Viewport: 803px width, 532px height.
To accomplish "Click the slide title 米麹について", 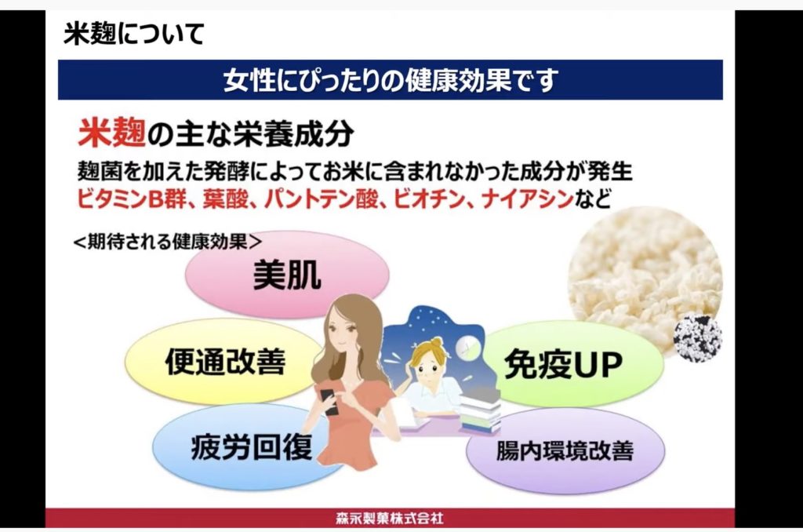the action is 133,34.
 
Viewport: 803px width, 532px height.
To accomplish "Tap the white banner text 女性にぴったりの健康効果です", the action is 391,80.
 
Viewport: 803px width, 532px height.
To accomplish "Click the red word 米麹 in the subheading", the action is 111,133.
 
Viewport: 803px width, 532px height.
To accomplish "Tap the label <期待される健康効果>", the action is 168,242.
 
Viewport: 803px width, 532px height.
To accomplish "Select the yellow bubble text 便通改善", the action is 225,362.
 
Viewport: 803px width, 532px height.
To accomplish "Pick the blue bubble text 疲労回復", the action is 252,446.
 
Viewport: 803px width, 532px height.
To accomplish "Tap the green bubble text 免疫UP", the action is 563,364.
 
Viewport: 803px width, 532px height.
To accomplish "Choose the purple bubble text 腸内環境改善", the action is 565,450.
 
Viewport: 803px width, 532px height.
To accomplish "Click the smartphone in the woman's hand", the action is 329,402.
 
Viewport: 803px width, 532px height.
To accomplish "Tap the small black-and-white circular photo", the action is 697,338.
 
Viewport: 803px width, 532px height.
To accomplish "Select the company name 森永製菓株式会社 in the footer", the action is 390,518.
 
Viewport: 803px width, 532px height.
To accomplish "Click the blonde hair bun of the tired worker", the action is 436,341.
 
